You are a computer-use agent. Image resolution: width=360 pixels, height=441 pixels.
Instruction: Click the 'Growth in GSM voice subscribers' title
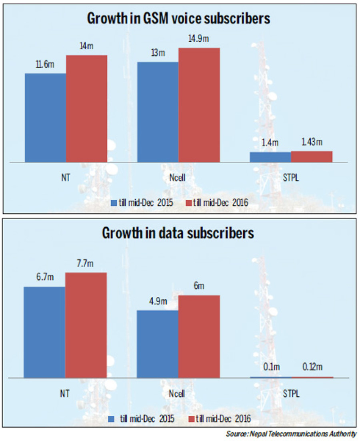coord(178,18)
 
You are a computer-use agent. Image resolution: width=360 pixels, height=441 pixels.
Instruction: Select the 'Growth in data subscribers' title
coord(178,233)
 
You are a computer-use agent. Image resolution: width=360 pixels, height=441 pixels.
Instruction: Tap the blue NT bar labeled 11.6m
coord(46,118)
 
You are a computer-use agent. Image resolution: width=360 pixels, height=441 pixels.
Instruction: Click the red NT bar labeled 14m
coord(86,109)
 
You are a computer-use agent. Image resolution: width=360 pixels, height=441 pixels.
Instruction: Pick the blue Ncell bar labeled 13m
coord(158,112)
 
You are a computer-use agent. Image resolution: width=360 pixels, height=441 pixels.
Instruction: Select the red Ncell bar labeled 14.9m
coord(199,105)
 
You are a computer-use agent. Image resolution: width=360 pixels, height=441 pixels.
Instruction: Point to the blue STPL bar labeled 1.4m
coord(270,157)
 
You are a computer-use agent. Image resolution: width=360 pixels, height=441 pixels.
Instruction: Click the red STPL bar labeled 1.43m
coord(312,157)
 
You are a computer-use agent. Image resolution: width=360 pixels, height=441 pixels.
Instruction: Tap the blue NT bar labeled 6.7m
coord(44,333)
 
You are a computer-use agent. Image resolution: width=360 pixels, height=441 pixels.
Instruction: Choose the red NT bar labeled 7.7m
coord(86,325)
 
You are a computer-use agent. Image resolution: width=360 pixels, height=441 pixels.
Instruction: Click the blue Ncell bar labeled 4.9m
coord(158,344)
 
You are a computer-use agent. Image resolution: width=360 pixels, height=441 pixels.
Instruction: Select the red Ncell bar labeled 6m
coord(199,337)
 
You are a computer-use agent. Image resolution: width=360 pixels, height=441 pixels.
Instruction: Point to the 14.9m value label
coord(198,38)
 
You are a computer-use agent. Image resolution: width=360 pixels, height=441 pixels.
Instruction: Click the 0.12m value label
coord(312,367)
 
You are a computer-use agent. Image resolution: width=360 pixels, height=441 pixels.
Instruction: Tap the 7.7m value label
coord(85,264)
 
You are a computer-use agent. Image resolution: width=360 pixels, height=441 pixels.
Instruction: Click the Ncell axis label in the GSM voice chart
coord(178,178)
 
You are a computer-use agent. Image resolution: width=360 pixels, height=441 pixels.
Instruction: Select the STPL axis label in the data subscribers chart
coord(291,393)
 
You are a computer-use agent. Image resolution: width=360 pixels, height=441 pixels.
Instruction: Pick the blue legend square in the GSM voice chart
coord(114,203)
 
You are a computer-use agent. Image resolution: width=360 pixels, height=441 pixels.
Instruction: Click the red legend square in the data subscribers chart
coord(191,419)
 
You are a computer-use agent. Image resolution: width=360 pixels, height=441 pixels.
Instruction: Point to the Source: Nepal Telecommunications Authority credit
coord(291,434)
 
